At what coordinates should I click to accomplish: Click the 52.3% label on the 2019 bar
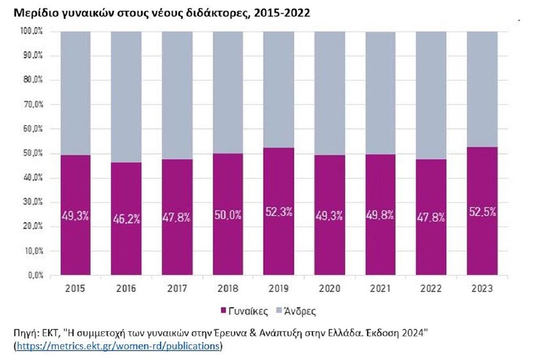coord(279,212)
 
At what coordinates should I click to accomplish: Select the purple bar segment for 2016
coord(126,218)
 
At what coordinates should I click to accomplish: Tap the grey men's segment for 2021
coord(380,93)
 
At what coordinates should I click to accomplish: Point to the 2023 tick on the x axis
coord(482,288)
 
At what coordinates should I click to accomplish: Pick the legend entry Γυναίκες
coord(244,311)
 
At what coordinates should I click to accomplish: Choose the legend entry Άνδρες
coord(296,311)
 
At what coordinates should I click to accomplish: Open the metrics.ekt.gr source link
coord(118,346)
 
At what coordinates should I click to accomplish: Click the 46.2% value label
coord(126,218)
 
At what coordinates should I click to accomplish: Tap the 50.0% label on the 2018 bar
coord(228,215)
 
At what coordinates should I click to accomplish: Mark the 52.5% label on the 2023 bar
coord(482,212)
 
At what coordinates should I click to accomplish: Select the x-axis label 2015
coord(75,288)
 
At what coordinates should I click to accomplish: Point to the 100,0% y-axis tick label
coord(32,31)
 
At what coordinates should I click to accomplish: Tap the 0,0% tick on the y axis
coord(35,275)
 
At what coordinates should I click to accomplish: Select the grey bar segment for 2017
coord(177,96)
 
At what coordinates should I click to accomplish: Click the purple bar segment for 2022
coord(431,217)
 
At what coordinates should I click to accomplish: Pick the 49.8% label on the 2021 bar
coord(380,215)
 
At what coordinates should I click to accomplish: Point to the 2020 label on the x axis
coord(330,288)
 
